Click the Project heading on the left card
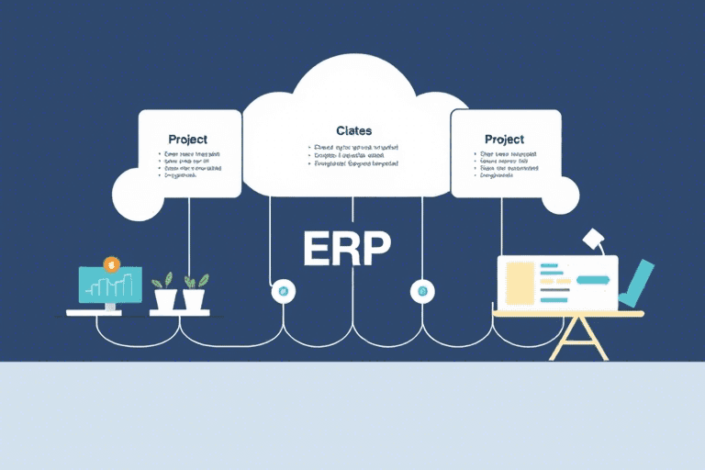pyautogui.click(x=188, y=139)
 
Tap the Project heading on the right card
pyautogui.click(x=504, y=139)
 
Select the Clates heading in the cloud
pyautogui.click(x=353, y=131)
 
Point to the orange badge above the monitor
pyautogui.click(x=112, y=264)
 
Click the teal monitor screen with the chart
pyautogui.click(x=110, y=285)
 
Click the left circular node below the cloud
pyautogui.click(x=282, y=291)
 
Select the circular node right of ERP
pyautogui.click(x=422, y=291)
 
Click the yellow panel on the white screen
pyautogui.click(x=520, y=282)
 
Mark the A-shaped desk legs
pyautogui.click(x=572, y=339)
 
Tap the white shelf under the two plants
pyautogui.click(x=180, y=313)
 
